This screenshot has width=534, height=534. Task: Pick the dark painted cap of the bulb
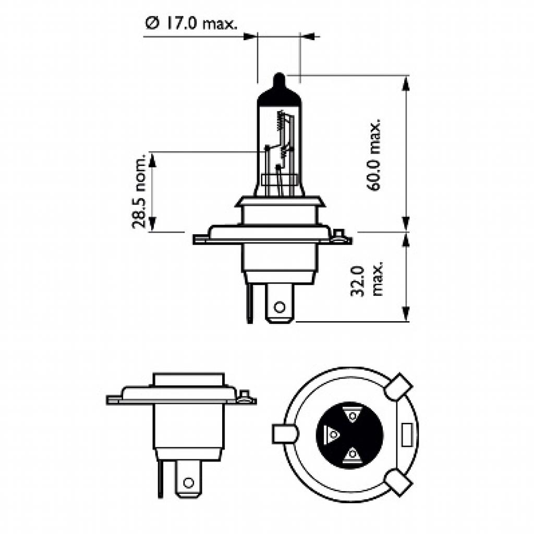point(279,96)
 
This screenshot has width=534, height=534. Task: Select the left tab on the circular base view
point(284,433)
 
